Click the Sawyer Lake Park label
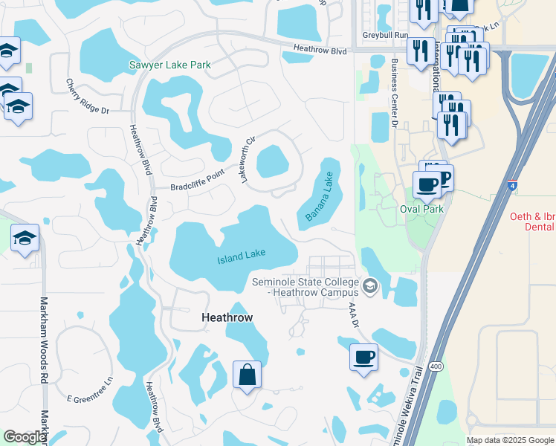[x=170, y=65]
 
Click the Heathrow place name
[x=227, y=317]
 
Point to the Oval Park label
[x=421, y=209]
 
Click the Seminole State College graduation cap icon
[x=370, y=285]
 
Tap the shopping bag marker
[x=247, y=375]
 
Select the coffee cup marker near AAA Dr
[x=363, y=358]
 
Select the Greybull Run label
[x=386, y=35]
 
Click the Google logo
[x=25, y=437]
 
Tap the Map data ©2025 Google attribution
[x=511, y=440]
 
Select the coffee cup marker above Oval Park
[x=427, y=184]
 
